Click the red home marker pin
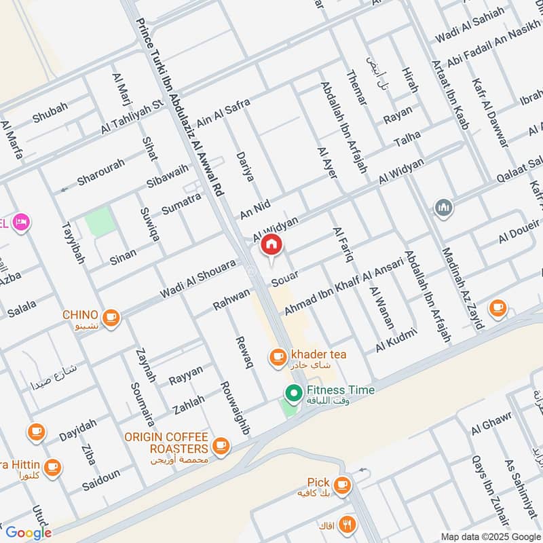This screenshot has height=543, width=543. coord(271,244)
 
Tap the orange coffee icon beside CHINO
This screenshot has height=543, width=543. coord(111,316)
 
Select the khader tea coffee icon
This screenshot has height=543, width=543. coord(277,356)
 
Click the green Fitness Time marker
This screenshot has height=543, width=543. coord(293,392)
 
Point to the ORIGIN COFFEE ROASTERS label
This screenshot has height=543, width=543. coord(166,443)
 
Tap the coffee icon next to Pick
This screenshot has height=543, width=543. coord(343,484)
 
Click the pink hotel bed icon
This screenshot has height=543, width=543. coord(22,222)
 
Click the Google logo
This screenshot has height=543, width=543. coord(29,532)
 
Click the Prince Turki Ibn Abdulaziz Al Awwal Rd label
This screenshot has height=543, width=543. coord(179,97)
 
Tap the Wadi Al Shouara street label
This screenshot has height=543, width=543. coord(198,279)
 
